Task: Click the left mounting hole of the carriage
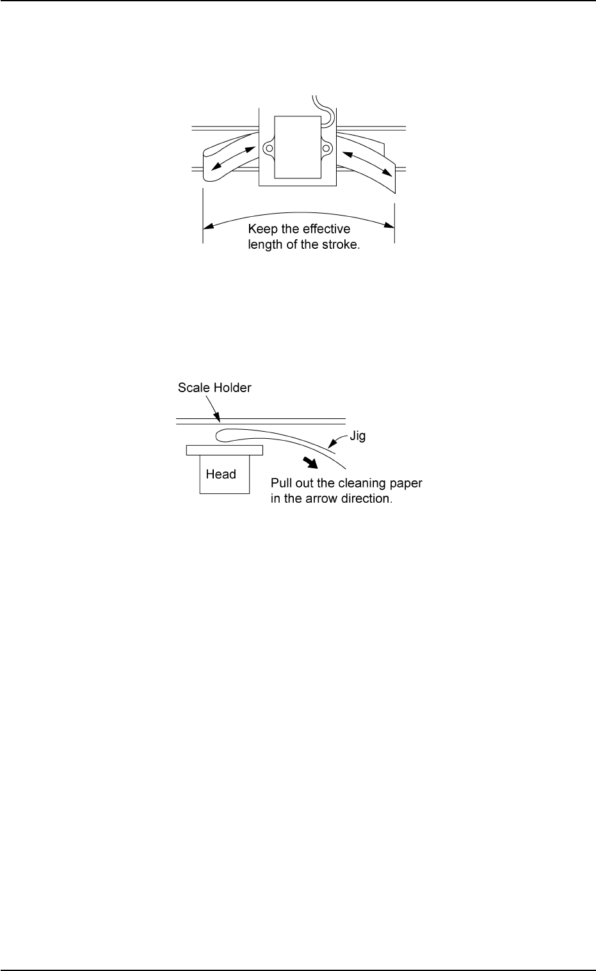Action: click(270, 148)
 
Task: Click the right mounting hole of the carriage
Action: click(326, 148)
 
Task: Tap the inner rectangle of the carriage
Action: click(298, 147)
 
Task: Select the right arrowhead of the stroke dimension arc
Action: click(390, 225)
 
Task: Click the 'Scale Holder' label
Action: click(214, 388)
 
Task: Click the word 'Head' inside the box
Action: click(221, 474)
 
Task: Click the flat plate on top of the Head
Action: click(224, 450)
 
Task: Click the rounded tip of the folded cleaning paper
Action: click(218, 436)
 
